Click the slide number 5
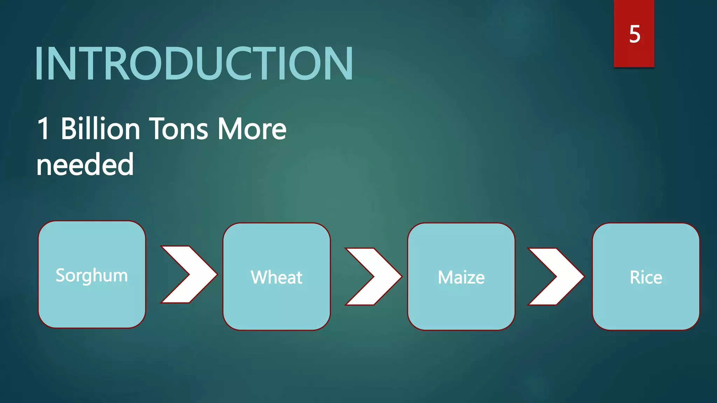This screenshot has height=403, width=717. tap(634, 34)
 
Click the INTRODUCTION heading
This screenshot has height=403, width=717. tap(194, 64)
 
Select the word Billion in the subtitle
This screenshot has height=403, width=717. tap(100, 129)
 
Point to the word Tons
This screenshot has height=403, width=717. tap(179, 129)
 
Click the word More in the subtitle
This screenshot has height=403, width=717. tap(252, 129)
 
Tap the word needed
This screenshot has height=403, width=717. tap(85, 164)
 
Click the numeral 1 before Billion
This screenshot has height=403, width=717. tap(43, 129)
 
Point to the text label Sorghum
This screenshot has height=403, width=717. tap(92, 275)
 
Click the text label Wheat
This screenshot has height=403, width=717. tap(277, 277)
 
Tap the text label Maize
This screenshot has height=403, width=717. tap(461, 277)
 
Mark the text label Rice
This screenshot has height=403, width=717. tap(646, 277)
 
